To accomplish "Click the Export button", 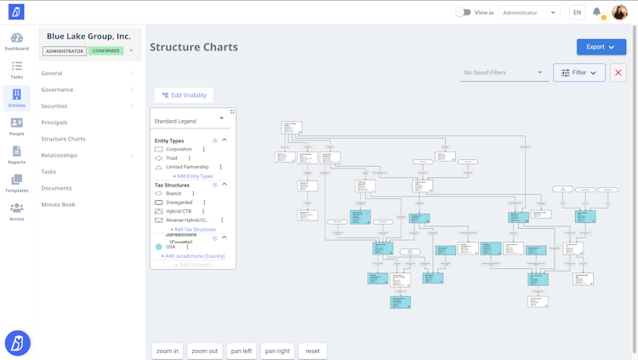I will tap(601, 47).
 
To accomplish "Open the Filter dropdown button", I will tap(578, 73).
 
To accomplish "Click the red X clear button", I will tap(618, 73).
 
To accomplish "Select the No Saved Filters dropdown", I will tap(503, 73).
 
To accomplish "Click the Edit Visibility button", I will tap(184, 95).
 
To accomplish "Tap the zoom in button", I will tap(168, 351).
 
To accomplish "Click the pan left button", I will tap(242, 351).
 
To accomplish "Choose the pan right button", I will tap(277, 351).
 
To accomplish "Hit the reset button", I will tap(312, 351).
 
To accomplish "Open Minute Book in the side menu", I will tap(58, 204).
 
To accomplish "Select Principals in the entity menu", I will tap(54, 123).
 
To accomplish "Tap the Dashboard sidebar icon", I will tap(16, 42).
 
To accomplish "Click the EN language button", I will tap(577, 13).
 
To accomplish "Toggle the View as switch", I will tap(463, 13).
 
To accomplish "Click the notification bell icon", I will tap(597, 13).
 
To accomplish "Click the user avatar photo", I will tap(619, 12).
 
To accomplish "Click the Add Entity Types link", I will tap(193, 176).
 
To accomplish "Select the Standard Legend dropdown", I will tap(189, 121).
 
